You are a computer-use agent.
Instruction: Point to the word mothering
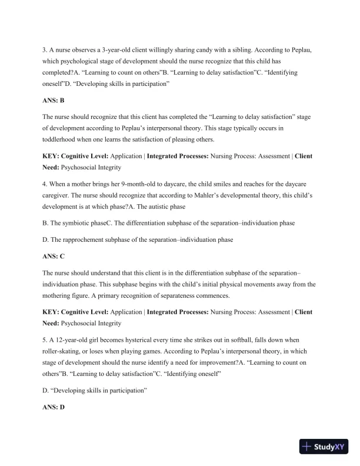point(61,295)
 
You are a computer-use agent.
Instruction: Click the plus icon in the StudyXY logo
point(306,447)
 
